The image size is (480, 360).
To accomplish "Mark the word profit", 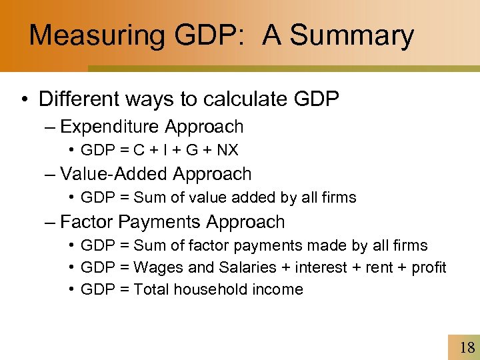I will click(x=429, y=268).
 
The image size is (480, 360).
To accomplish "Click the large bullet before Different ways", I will click(x=23, y=100).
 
